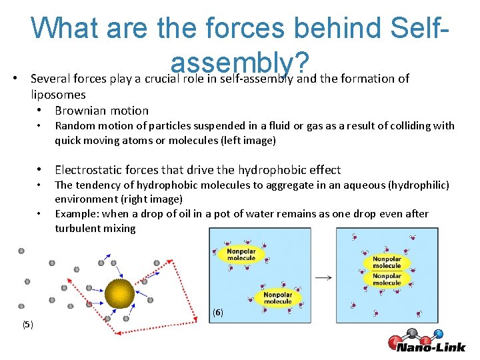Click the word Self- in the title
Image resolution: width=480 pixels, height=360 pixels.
tap(417, 28)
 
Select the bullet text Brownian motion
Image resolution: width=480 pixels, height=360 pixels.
tap(101, 111)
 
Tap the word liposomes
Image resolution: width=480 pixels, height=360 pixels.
tap(58, 95)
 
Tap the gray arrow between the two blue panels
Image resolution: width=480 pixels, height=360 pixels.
tap(323, 277)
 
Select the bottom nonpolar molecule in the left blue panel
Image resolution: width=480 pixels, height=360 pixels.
tap(278, 297)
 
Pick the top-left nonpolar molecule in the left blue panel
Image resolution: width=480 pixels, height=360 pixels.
tap(241, 255)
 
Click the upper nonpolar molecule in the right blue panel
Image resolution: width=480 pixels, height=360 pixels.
tap(387, 262)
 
